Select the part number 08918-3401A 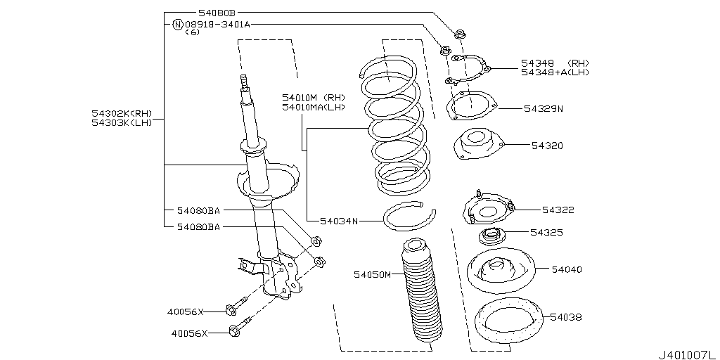coord(217,24)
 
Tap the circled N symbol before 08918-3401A coord(177,24)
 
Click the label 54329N coord(544,109)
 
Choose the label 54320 coord(546,146)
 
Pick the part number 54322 coord(558,210)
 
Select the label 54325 coord(546,231)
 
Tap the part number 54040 coord(567,269)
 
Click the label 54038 coord(566,317)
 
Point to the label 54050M coord(372,274)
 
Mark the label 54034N coord(339,221)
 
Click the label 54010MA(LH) coord(314,107)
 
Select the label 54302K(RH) coord(121,113)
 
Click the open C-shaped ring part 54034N coord(409,215)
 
